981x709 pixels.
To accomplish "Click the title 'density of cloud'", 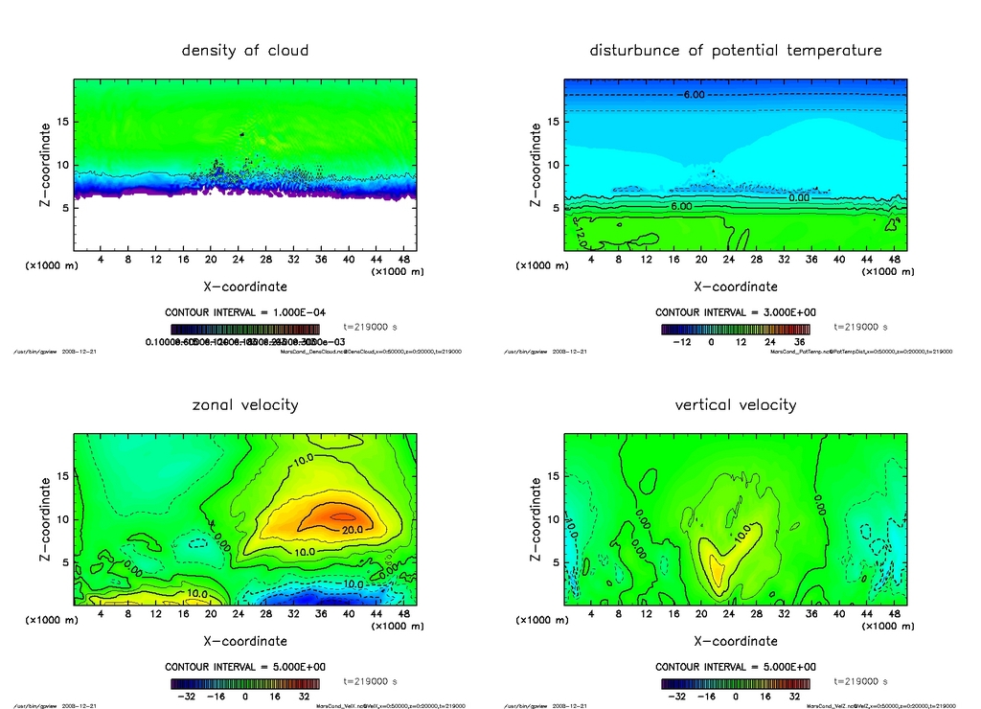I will pos(245,50).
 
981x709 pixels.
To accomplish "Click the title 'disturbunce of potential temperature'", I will pos(736,50).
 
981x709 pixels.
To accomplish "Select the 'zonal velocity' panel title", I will pos(245,404).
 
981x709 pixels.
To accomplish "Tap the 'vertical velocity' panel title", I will pos(736,404).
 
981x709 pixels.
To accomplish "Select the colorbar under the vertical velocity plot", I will pos(735,684).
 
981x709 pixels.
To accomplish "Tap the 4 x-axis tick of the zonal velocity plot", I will pos(101,613).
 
